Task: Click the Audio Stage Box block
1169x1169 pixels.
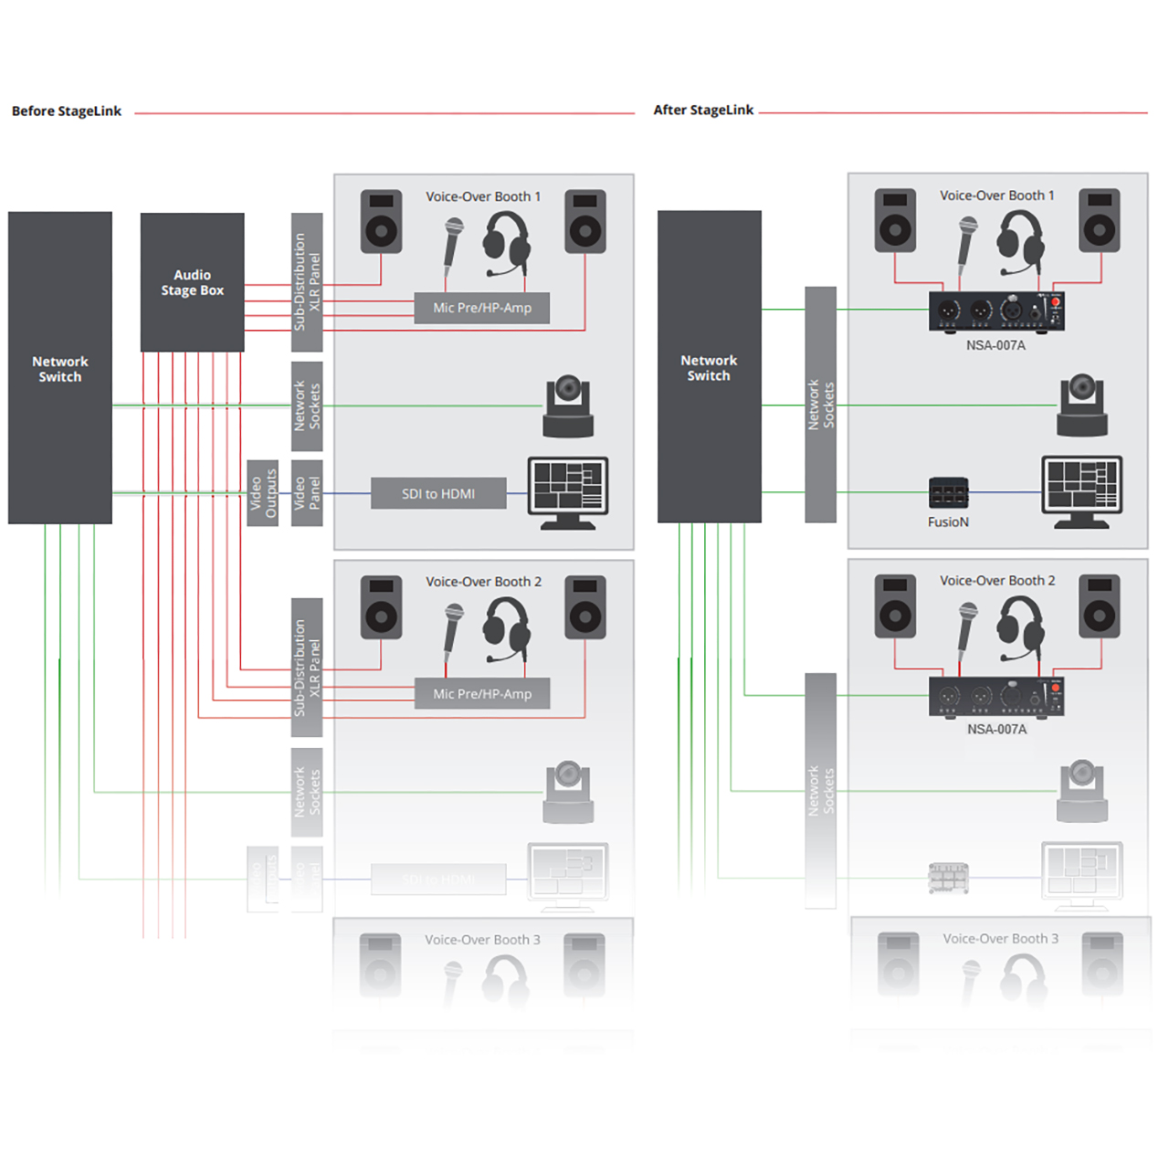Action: (192, 282)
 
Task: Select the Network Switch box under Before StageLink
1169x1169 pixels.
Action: (60, 368)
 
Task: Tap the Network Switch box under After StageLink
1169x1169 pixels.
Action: (709, 367)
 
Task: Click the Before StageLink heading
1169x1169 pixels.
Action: (67, 111)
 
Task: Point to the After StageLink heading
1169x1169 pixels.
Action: (703, 111)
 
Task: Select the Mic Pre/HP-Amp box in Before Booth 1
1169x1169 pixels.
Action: (482, 308)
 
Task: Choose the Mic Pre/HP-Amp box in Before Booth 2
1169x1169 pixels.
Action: (482, 694)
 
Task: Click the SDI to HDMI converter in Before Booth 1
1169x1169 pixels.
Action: (438, 494)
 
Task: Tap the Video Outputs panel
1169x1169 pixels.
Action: (263, 493)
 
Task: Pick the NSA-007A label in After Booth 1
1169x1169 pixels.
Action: (995, 345)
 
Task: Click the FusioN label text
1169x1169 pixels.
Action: (948, 522)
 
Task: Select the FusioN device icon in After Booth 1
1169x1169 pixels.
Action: (948, 493)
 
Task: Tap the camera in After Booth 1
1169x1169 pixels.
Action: (1082, 405)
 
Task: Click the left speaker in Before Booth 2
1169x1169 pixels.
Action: (381, 607)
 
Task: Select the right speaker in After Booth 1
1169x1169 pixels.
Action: (1100, 221)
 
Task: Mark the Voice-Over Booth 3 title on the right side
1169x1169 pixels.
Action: (1001, 939)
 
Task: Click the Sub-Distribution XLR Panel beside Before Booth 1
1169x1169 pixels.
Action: (307, 282)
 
